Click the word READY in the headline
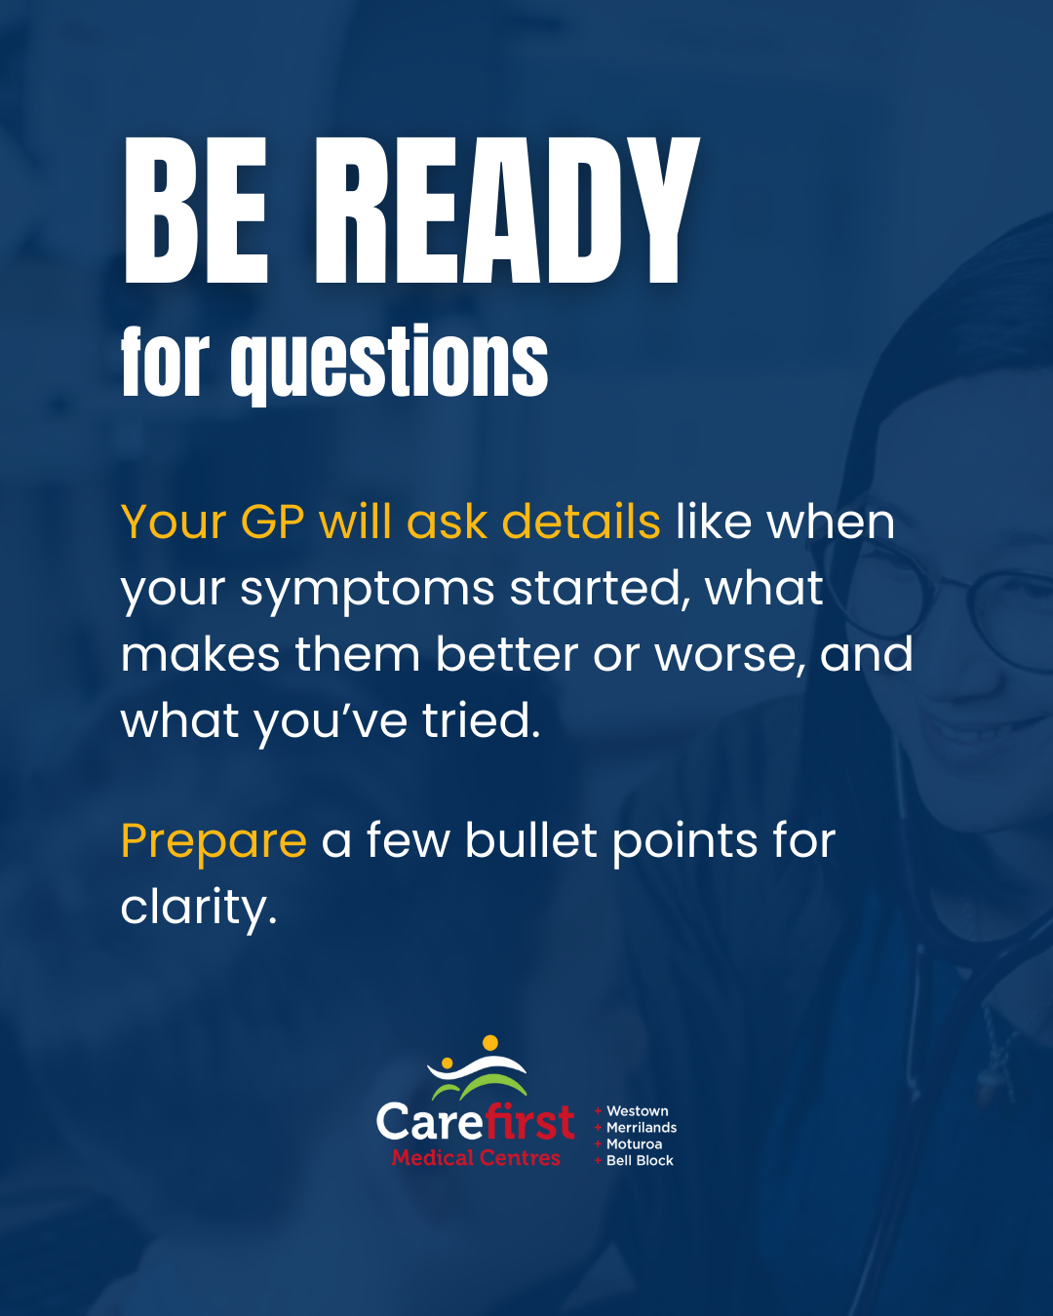pos(507,210)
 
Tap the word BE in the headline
pos(196,210)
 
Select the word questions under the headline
pos(389,364)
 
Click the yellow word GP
pos(272,523)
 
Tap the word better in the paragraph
pos(507,654)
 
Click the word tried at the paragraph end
pos(482,719)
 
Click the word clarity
pos(199,909)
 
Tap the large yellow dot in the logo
pos(490,1043)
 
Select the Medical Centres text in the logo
pos(476,1158)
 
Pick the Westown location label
pos(637,1111)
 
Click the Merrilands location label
pos(642,1128)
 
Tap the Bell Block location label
pos(640,1161)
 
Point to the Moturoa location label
pos(634,1144)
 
